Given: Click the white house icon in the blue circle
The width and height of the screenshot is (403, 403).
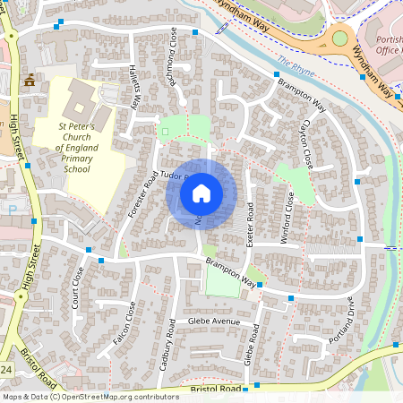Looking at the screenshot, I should [x=201, y=193].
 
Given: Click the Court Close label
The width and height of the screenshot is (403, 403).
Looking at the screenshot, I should [x=79, y=285].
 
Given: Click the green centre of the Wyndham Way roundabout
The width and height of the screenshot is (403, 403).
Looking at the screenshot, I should [x=339, y=39].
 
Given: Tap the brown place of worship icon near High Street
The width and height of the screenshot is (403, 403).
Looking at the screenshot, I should [x=30, y=80].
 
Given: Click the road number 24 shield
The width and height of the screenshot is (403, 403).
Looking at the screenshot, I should [x=5, y=369].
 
